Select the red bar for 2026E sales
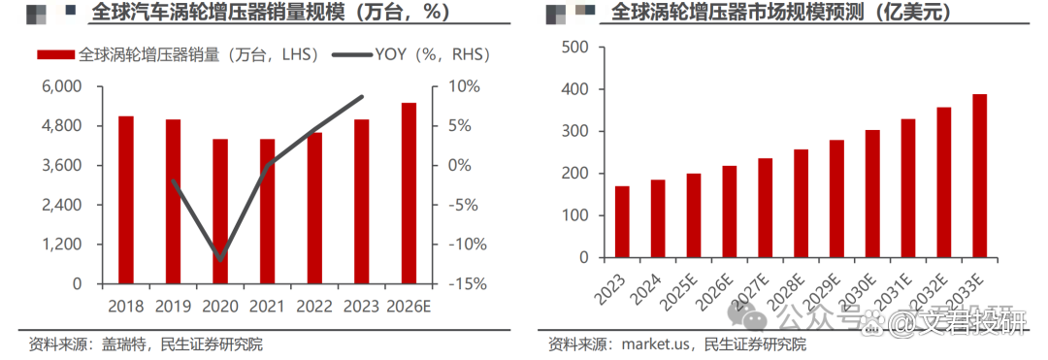click(409, 193)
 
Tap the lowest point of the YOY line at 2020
click(220, 259)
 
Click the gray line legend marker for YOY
click(351, 55)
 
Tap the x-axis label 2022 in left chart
click(314, 306)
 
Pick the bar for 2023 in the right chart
click(622, 222)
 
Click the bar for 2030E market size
click(872, 194)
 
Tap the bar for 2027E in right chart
click(766, 209)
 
